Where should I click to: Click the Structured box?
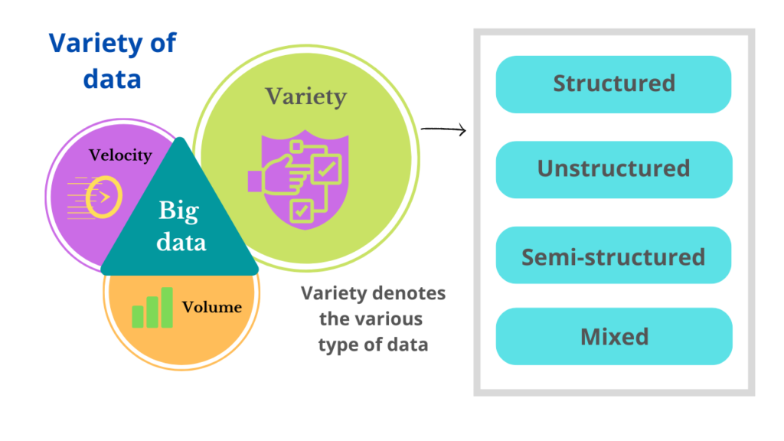click(x=614, y=83)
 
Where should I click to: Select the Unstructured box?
click(x=614, y=168)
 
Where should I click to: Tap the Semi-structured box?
click(x=614, y=256)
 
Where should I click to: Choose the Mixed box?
click(x=614, y=336)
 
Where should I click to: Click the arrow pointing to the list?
click(x=443, y=130)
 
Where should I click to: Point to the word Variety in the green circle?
click(x=305, y=96)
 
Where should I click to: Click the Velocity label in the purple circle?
click(x=120, y=155)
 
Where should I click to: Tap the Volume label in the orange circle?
click(x=212, y=308)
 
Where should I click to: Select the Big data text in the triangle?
click(x=182, y=227)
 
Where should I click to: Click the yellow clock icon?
click(x=103, y=196)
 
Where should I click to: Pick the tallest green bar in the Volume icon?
click(x=166, y=307)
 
